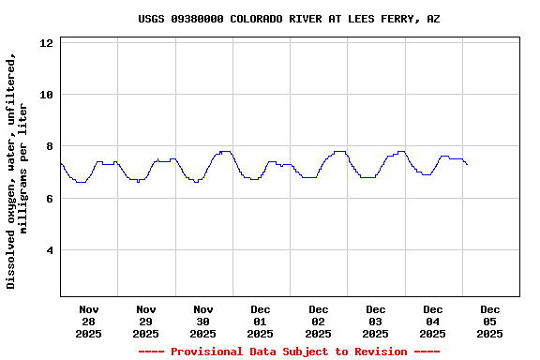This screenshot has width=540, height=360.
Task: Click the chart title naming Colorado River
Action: (289, 19)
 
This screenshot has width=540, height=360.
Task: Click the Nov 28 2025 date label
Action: (89, 321)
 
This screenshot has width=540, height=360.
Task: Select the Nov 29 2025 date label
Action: (146, 321)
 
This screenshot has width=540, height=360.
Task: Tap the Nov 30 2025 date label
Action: (203, 321)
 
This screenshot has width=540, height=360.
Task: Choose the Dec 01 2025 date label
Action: (261, 321)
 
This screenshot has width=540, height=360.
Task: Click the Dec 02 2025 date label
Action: (319, 321)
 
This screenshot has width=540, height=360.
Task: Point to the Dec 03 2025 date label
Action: (376, 321)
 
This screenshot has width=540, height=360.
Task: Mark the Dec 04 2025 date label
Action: (433, 321)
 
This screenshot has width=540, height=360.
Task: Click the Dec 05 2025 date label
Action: (490, 321)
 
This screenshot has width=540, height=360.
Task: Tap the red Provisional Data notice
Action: (289, 352)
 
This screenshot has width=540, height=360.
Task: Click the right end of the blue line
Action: (467, 164)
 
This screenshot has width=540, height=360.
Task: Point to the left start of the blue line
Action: (61, 163)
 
